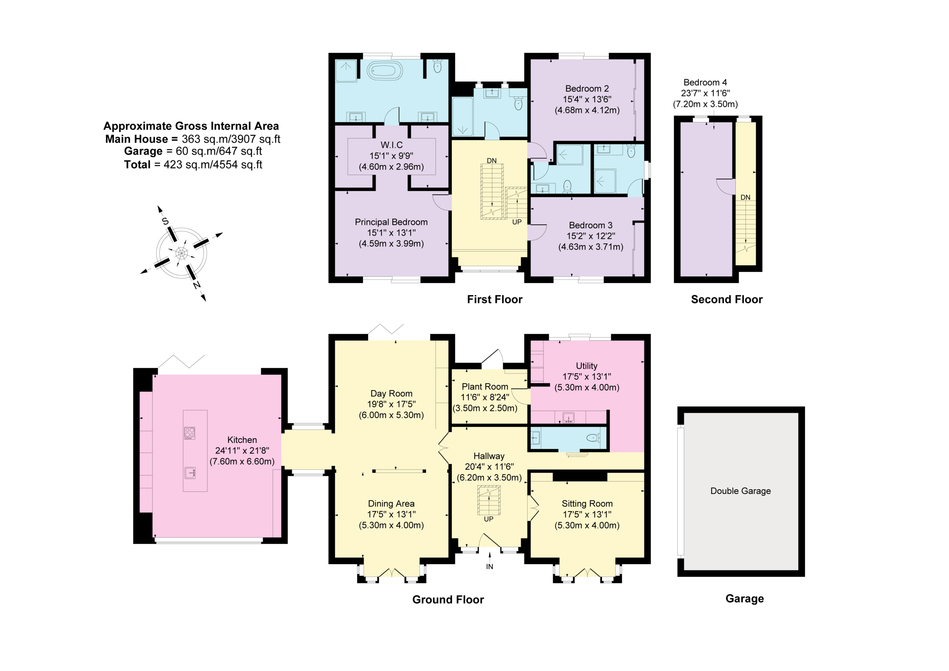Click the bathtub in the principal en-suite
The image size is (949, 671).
pos(385,71)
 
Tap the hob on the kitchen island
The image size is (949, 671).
pos(189,433)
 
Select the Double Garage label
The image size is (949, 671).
pos(741,491)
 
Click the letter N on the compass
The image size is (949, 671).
pos(197,284)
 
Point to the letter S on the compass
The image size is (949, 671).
pos(165,221)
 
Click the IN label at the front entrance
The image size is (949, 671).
pos(489,567)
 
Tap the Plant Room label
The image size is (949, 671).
pos(485,387)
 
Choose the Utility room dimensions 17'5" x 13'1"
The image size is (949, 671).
pos(587,376)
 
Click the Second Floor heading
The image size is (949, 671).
pos(727,299)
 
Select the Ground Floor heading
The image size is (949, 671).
pos(448,600)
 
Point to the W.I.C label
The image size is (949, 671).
pos(391,145)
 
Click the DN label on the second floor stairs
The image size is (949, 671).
pos(745,198)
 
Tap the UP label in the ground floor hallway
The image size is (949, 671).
pos(489,519)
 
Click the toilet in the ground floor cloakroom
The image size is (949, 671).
pos(593,438)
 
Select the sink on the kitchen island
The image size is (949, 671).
pos(190,473)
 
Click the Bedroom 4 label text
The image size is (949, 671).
pos(705,82)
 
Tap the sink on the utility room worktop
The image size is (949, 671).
pos(569,418)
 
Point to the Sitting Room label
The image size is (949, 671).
pos(587,504)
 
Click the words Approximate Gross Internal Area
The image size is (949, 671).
pos(191,126)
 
